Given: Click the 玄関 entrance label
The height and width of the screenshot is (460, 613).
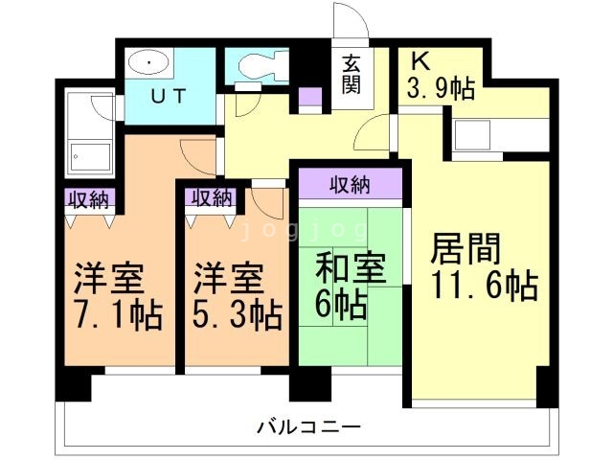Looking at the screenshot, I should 352,75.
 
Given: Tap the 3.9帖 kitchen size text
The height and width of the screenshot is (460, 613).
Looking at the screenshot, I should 441,91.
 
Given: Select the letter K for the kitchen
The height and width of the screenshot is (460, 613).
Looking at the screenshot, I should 420,61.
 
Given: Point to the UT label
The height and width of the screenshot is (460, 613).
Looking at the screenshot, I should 167,95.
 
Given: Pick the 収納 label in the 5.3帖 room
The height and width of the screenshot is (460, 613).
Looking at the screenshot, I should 212,198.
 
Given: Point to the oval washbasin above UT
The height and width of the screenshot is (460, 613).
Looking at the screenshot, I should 151,63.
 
